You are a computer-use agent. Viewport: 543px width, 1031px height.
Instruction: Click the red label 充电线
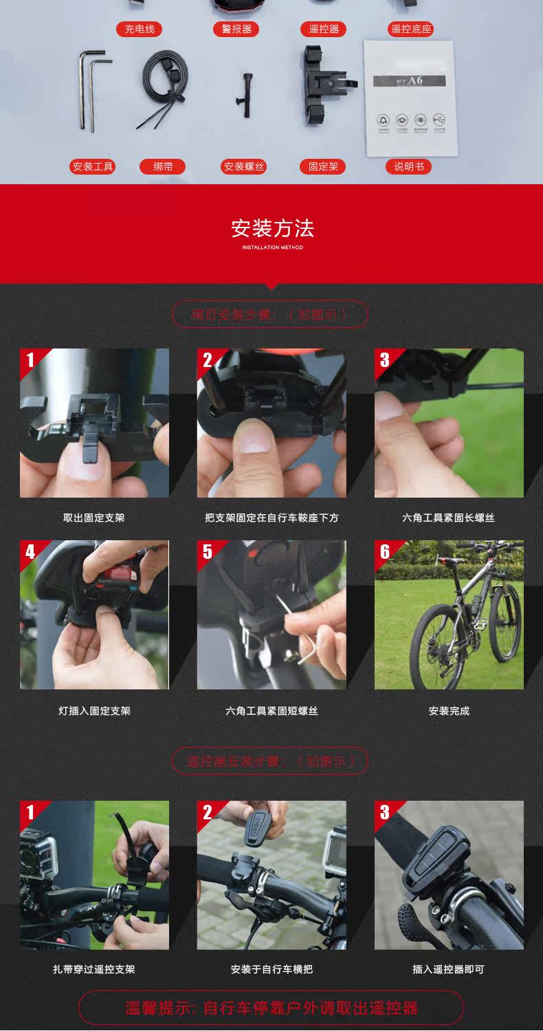[140, 30]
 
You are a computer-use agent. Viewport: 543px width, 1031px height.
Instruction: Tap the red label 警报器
[236, 30]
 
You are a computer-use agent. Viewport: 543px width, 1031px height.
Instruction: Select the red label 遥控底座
[411, 30]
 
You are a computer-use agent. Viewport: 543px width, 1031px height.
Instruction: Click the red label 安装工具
[93, 166]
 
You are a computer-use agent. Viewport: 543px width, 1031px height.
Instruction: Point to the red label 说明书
[408, 166]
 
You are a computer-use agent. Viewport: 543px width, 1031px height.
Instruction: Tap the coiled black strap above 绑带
[163, 86]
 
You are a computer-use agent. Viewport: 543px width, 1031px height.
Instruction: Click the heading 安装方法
[272, 228]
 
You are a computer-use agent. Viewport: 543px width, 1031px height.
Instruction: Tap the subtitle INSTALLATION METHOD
[272, 247]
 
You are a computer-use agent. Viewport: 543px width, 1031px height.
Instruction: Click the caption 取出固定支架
[94, 518]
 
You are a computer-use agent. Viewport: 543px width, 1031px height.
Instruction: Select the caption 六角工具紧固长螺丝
[448, 518]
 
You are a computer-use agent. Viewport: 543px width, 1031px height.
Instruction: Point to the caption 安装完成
[448, 711]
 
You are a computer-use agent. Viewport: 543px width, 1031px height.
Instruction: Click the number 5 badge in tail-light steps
[208, 552]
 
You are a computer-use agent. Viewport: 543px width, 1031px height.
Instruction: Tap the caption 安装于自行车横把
[271, 969]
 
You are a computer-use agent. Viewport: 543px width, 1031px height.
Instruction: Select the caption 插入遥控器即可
[448, 969]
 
